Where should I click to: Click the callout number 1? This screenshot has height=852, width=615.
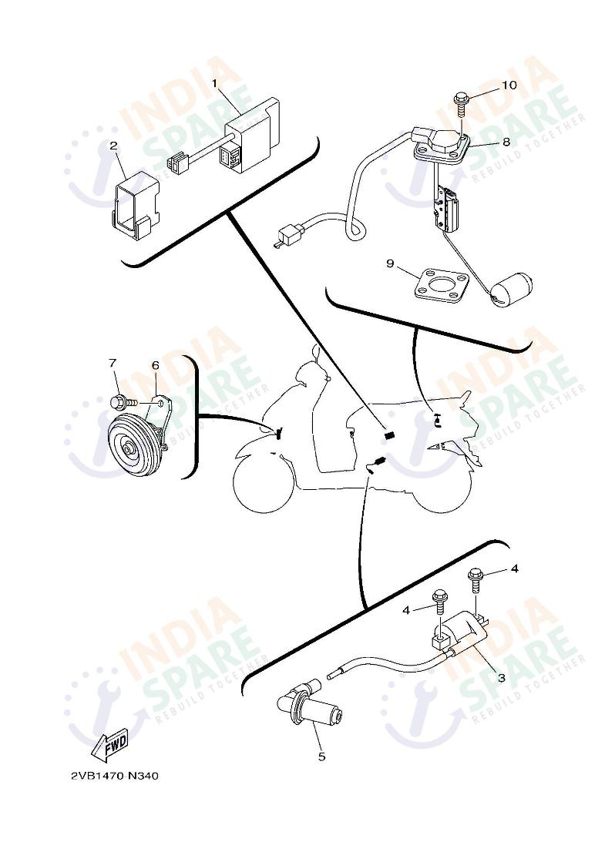pyautogui.click(x=215, y=82)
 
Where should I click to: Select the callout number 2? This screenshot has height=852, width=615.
pyautogui.click(x=113, y=145)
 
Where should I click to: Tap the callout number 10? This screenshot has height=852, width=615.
pyautogui.click(x=509, y=85)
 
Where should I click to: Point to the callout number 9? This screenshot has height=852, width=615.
pyautogui.click(x=391, y=264)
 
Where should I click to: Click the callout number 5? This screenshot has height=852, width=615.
pyautogui.click(x=321, y=756)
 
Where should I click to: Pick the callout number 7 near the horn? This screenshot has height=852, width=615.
pyautogui.click(x=113, y=363)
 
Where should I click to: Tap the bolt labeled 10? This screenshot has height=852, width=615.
pyautogui.click(x=462, y=100)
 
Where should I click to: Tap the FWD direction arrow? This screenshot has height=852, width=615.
pyautogui.click(x=109, y=746)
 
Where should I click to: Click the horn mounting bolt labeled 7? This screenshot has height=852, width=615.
pyautogui.click(x=121, y=401)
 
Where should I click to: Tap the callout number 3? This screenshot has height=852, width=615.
pyautogui.click(x=501, y=678)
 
